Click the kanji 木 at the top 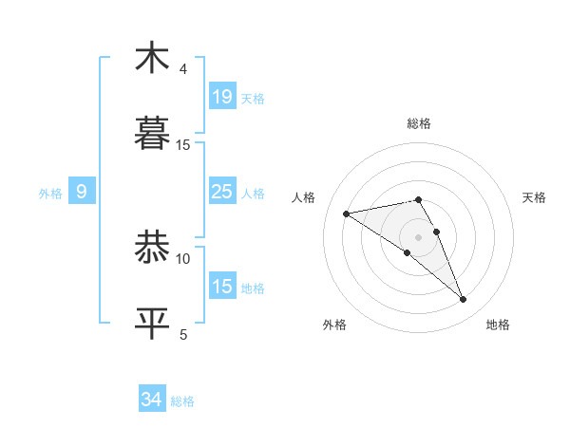[x=152, y=59]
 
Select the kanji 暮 [x=152, y=135]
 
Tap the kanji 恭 [x=152, y=249]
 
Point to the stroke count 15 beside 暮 [x=183, y=144]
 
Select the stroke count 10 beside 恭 [x=183, y=258]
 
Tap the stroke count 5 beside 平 [x=183, y=334]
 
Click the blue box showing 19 [x=221, y=97]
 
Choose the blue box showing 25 [x=221, y=192]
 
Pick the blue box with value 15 [x=221, y=287]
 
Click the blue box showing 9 [x=82, y=192]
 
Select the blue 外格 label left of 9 [x=50, y=193]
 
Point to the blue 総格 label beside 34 [x=182, y=401]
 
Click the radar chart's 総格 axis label [x=418, y=123]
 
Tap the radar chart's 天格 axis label [x=534, y=197]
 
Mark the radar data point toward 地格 [x=463, y=299]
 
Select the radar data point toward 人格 [x=347, y=214]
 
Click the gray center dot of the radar [x=418, y=236]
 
